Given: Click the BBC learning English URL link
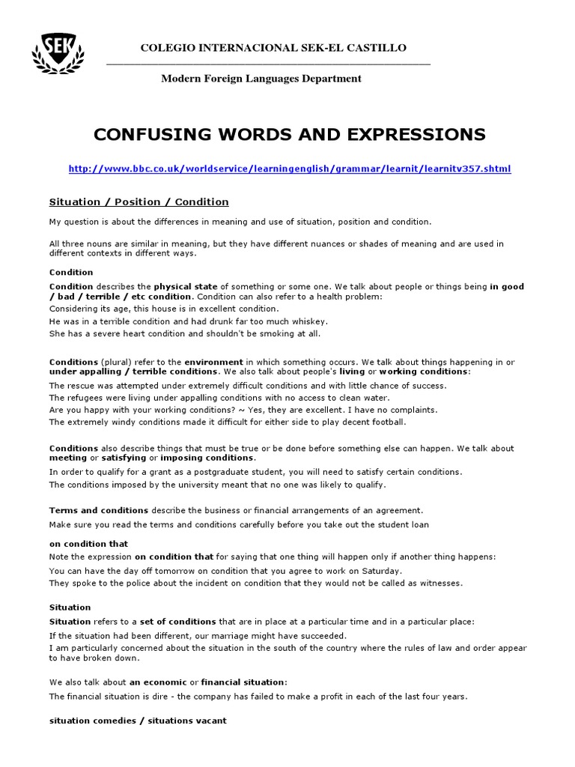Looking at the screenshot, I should (290, 169).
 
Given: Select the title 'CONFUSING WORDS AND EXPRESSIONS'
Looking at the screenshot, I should (289, 135).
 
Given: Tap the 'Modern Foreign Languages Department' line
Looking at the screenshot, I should (261, 79).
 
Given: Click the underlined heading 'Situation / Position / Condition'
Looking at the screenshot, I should (139, 202).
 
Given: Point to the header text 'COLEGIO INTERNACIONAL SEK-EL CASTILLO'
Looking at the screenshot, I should (273, 48).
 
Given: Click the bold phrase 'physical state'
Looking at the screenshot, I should (186, 287).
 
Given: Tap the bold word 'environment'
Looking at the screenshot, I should (214, 363).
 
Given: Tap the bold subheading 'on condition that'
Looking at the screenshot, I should (88, 544).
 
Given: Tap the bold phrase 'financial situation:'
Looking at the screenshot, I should (244, 682).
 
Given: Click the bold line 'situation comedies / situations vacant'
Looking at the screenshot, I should (138, 721).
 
